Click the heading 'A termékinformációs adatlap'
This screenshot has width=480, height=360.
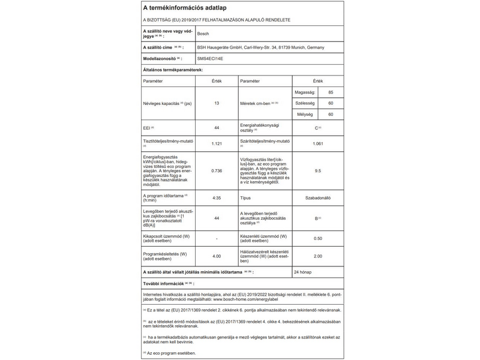[x=182, y=7]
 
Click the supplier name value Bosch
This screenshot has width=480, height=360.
[x=205, y=34]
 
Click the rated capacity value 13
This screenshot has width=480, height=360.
[x=217, y=103]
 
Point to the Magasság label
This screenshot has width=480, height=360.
[x=306, y=92]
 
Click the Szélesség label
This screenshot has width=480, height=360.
[x=306, y=103]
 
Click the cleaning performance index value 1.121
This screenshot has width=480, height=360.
[x=217, y=144]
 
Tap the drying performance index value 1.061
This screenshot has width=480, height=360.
[x=317, y=144]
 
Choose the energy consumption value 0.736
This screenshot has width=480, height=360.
[x=217, y=171]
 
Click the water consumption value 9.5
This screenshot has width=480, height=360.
[x=317, y=171]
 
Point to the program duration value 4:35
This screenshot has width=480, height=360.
[x=217, y=197]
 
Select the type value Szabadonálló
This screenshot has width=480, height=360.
[x=317, y=197]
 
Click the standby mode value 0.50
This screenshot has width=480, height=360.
[x=317, y=239]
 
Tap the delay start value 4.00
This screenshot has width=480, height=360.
[x=217, y=256]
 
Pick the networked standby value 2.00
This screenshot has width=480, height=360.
[x=317, y=256]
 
